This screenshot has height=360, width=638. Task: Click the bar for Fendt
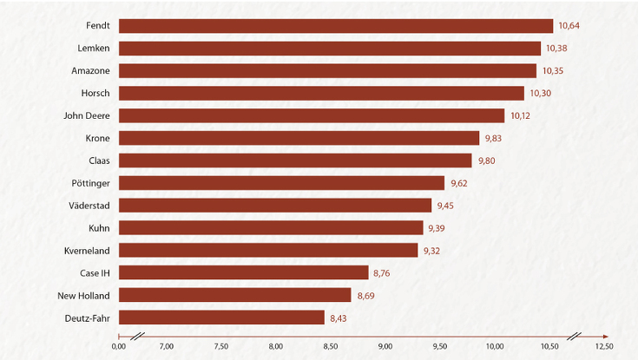[335, 26]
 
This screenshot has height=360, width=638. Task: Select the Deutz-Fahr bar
[221, 317]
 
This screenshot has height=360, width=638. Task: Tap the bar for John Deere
[311, 115]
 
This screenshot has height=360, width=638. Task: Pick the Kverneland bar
[268, 250]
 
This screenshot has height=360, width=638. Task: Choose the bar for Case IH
[243, 272]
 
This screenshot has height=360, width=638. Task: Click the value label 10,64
[569, 26]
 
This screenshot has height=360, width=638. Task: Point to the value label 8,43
[339, 317]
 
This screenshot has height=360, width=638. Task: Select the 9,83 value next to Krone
[494, 138]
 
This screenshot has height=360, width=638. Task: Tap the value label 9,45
[446, 206]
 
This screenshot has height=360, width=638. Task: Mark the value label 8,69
[365, 295]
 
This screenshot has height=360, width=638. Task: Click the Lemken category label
[93, 49]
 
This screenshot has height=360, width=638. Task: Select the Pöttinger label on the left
[90, 183]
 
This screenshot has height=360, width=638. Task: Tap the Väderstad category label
[89, 206]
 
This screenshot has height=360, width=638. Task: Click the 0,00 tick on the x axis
[119, 346]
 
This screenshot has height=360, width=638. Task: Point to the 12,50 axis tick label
[604, 346]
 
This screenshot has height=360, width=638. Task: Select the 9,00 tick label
[385, 346]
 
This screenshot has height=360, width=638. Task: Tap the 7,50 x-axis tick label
[220, 346]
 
